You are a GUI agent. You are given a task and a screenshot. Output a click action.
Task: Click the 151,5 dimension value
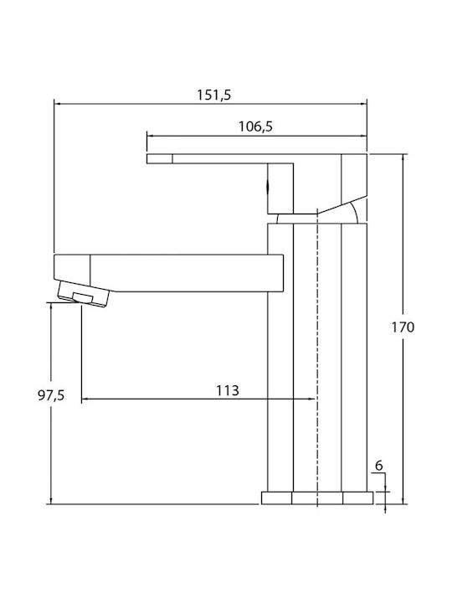[214, 95]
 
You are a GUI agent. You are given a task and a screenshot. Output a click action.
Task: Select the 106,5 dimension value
[255, 126]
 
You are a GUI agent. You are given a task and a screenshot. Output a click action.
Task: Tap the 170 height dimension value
[403, 327]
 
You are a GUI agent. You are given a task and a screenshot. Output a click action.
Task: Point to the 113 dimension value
[228, 390]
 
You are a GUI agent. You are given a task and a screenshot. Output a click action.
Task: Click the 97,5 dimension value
[51, 395]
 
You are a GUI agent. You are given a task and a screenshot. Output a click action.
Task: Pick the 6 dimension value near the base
[379, 466]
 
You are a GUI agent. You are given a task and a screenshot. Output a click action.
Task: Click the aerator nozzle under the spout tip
[84, 294]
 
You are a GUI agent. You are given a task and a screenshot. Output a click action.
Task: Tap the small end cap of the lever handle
[160, 158]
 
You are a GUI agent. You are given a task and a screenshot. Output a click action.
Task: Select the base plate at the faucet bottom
[317, 497]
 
